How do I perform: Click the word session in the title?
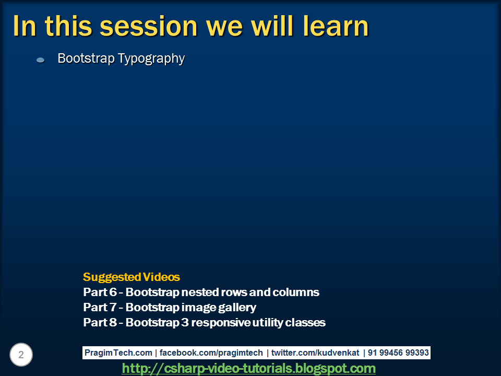click(x=149, y=27)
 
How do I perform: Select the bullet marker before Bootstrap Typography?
click(x=40, y=60)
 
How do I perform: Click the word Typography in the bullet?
click(x=151, y=59)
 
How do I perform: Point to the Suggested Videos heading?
click(x=132, y=277)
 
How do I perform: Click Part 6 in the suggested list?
click(x=100, y=292)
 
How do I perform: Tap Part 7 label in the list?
click(x=100, y=307)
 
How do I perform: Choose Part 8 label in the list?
click(x=100, y=322)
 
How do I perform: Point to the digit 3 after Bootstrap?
click(x=185, y=322)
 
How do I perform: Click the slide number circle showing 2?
click(x=21, y=355)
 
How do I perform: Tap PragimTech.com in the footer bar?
click(x=118, y=352)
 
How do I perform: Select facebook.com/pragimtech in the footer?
click(x=211, y=352)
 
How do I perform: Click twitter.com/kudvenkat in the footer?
click(x=315, y=352)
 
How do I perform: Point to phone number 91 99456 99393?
click(x=398, y=352)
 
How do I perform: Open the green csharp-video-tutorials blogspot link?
click(x=248, y=368)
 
